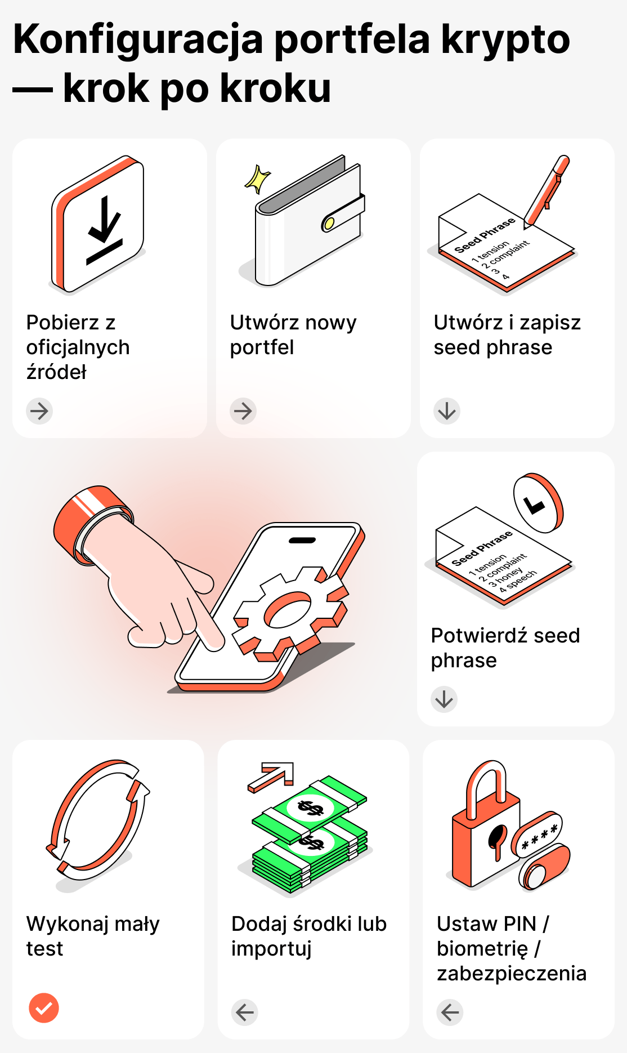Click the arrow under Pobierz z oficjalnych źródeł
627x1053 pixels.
pos(39,411)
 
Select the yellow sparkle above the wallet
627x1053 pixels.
pos(258,179)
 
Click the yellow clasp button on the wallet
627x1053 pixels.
pos(329,224)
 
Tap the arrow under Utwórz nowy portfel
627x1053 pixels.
pos(243,411)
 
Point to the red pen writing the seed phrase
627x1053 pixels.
pos(547,191)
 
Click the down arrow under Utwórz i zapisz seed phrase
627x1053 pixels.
pos(447,411)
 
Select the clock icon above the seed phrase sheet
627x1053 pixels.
pos(538,503)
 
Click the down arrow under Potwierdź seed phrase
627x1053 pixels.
pos(444,699)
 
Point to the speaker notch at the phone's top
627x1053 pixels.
pos(302,541)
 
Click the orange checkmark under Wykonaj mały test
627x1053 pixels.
pos(44,1008)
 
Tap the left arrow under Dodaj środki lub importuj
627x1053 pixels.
pos(245,1012)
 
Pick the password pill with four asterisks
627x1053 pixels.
pos(539,835)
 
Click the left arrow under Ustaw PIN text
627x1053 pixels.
pos(450,1012)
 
